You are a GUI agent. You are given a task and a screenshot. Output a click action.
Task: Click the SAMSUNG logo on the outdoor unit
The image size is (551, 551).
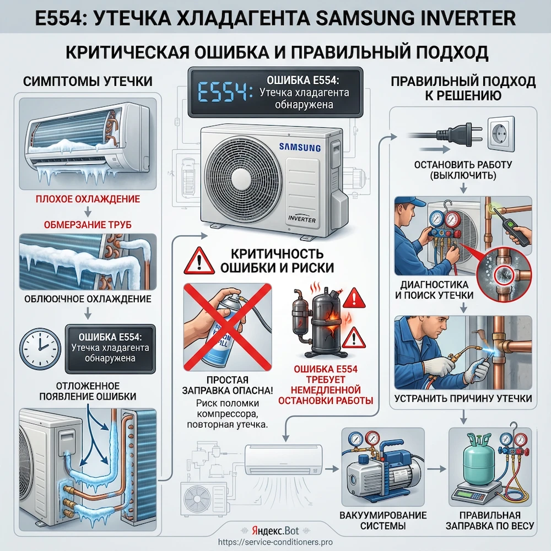[299, 147]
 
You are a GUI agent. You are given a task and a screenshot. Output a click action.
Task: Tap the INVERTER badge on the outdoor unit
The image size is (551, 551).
[301, 218]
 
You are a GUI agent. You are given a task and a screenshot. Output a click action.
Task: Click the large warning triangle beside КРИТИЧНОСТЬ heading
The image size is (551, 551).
[198, 261]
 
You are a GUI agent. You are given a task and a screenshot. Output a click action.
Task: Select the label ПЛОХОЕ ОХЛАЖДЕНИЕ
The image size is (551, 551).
[88, 198]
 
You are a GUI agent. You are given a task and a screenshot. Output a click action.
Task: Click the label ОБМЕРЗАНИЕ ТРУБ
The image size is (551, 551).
[88, 224]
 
